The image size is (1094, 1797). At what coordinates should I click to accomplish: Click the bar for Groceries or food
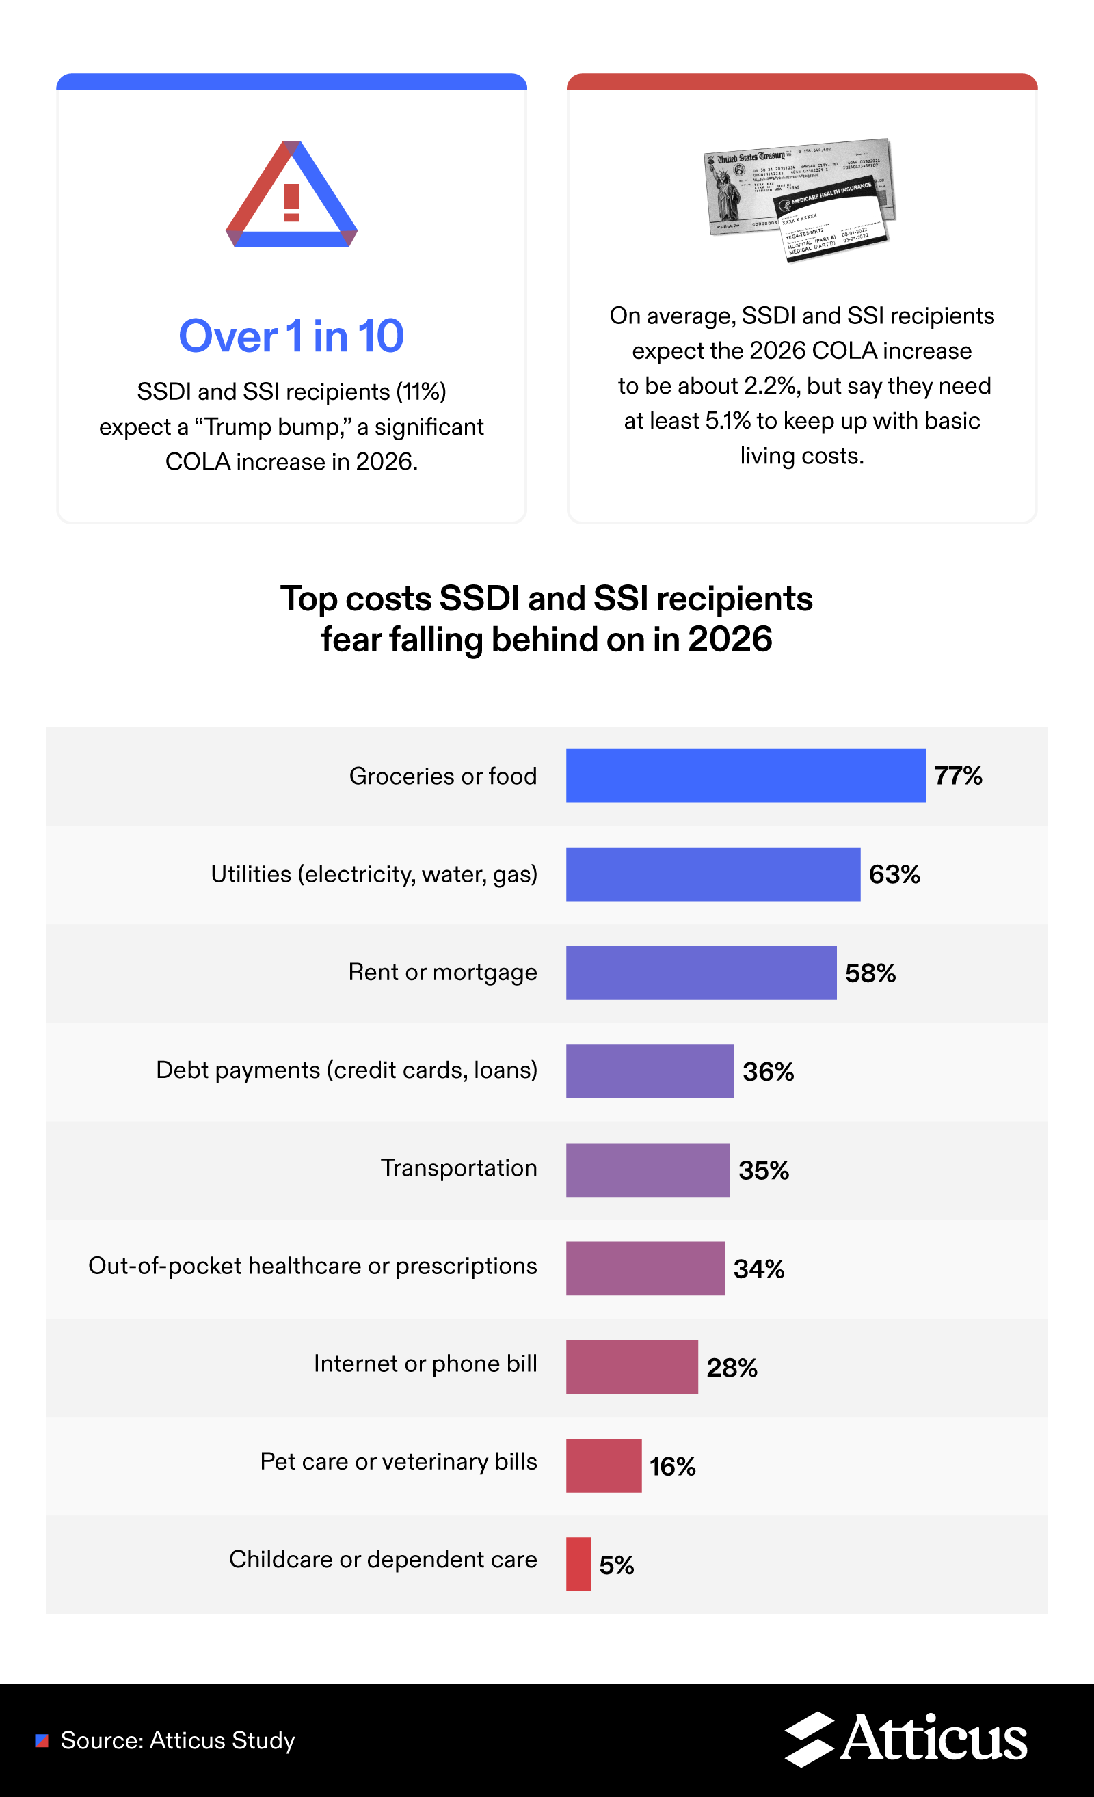(x=745, y=775)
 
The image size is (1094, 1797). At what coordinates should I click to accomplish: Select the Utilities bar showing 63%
(x=712, y=874)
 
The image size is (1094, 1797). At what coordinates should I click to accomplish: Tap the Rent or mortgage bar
(x=701, y=972)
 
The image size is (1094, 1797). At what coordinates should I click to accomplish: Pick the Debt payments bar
(x=650, y=1070)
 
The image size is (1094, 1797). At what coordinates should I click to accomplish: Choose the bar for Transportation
(x=648, y=1169)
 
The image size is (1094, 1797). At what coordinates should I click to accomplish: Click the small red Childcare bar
(x=578, y=1564)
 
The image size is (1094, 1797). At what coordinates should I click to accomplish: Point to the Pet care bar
(x=603, y=1465)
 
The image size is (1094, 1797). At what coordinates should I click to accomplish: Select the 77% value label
(x=958, y=775)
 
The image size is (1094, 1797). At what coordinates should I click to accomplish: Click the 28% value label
(x=732, y=1368)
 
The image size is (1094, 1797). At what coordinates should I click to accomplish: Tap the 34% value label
(x=758, y=1269)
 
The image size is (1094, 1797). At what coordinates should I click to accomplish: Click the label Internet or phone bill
(x=425, y=1363)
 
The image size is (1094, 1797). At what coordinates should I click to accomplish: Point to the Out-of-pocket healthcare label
(x=312, y=1265)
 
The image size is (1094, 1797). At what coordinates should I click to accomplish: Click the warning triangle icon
(x=292, y=194)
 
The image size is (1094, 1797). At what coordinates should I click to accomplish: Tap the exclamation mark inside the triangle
(x=292, y=203)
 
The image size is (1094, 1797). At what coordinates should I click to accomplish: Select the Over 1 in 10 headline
(x=291, y=336)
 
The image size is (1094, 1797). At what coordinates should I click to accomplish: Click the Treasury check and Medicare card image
(x=799, y=198)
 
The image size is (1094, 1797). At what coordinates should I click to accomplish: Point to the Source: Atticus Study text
(x=177, y=1740)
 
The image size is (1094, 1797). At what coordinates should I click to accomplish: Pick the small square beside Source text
(x=42, y=1741)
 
